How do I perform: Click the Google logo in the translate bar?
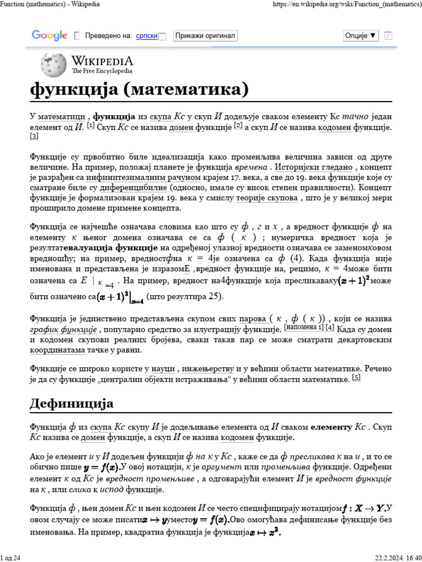click(49, 36)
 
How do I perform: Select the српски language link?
click(147, 36)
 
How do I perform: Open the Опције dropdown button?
click(361, 36)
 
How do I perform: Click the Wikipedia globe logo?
click(53, 65)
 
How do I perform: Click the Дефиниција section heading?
click(71, 404)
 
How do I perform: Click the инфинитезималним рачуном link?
click(143, 178)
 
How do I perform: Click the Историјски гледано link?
click(315, 167)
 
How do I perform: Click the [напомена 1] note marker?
click(303, 328)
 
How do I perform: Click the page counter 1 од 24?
click(10, 558)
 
